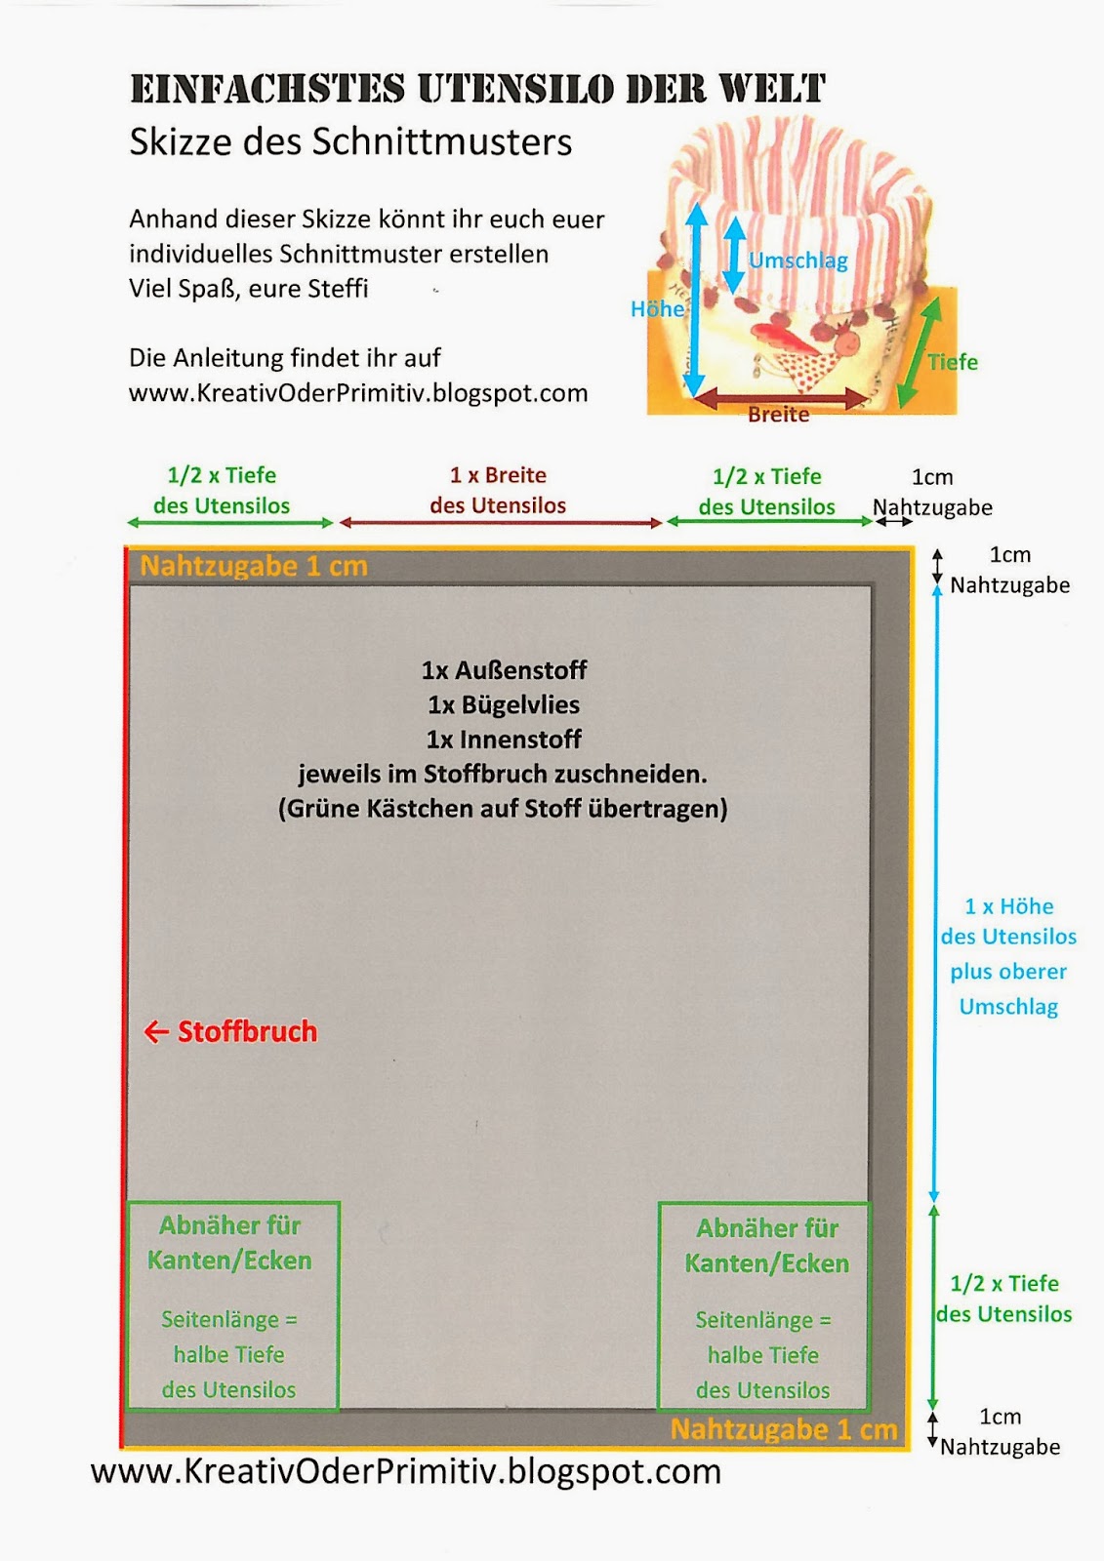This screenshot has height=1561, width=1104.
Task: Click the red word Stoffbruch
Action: [247, 1031]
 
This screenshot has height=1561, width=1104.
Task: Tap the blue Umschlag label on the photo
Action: [797, 260]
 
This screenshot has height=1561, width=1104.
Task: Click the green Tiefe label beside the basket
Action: [952, 362]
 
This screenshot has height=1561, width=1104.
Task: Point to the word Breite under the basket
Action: [778, 415]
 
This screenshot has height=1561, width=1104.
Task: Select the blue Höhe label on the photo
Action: [657, 309]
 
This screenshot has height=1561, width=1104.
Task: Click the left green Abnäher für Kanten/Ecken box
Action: [232, 1305]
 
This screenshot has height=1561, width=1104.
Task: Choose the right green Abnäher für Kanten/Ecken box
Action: [764, 1307]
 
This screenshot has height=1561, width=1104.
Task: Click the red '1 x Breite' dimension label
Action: [498, 475]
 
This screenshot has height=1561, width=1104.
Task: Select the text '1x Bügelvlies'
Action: [503, 704]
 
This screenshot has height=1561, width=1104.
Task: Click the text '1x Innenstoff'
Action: [503, 740]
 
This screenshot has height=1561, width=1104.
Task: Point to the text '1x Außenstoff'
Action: [504, 670]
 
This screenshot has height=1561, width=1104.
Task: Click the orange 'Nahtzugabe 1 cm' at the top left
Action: [254, 566]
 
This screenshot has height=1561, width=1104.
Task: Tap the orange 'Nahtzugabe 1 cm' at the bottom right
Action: [783, 1429]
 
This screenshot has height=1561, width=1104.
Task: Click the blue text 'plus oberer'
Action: [1008, 972]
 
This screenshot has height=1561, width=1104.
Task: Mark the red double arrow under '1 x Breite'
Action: [500, 523]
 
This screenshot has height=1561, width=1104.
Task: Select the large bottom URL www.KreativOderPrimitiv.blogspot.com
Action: [406, 1471]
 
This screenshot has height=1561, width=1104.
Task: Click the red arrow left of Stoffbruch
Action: [156, 1031]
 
